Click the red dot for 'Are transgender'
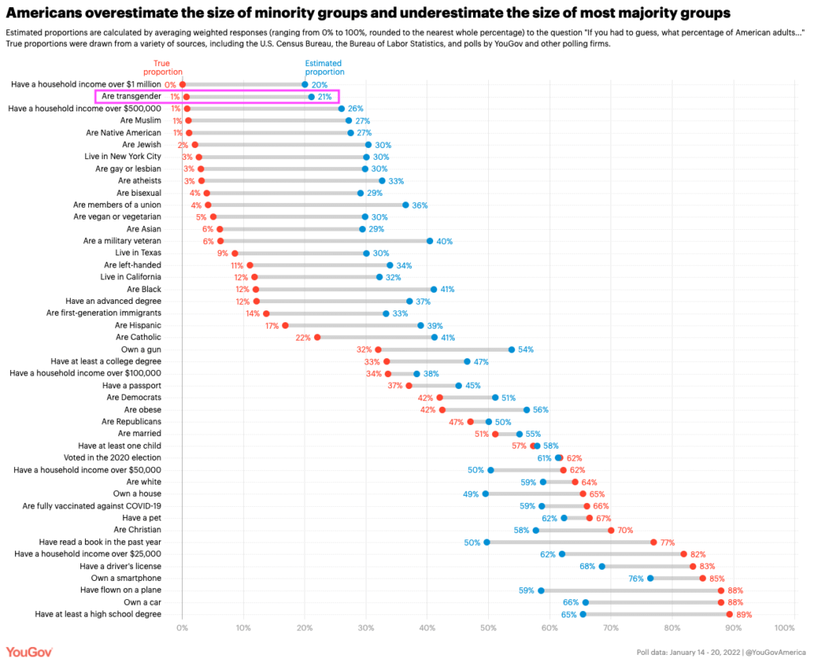187,96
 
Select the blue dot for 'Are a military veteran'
430,241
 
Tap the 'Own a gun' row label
141,349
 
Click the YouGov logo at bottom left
29,652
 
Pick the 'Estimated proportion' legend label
324,67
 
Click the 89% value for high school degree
744,614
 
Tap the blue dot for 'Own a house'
486,494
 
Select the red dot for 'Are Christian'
611,530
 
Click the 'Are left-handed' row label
132,265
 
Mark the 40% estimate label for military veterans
444,241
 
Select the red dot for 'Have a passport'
409,386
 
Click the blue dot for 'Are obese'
526,410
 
